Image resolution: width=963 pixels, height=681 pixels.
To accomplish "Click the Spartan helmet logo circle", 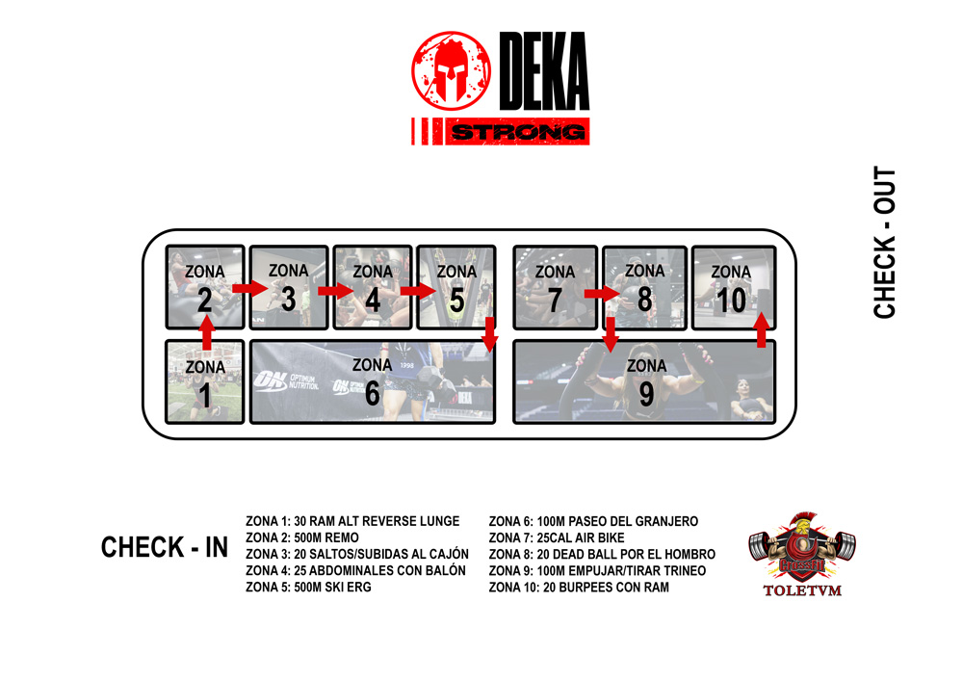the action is (451, 71).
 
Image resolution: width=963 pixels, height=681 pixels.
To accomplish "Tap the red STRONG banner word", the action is (517, 131).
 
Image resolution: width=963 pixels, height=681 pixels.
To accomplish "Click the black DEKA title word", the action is (544, 70).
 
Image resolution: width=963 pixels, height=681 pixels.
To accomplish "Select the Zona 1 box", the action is (204, 382).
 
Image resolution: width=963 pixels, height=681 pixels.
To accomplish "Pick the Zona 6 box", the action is (372, 382).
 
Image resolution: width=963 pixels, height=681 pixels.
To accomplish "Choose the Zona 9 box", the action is (644, 382).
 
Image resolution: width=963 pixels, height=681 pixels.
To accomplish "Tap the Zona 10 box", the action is (734, 287).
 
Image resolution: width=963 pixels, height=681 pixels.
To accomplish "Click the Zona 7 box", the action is (556, 287).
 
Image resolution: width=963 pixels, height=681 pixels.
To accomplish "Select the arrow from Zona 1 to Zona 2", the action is (206, 332).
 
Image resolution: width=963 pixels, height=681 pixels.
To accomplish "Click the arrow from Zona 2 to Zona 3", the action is (250, 287).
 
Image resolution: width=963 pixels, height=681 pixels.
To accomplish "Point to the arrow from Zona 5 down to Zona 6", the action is (489, 334).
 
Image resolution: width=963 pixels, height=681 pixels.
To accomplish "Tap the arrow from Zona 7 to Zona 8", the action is (602, 294).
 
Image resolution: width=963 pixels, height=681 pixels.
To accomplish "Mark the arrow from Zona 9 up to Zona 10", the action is (762, 330).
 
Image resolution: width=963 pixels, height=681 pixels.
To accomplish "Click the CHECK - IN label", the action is (165, 547).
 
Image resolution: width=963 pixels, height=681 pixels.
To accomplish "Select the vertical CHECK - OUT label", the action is (884, 242).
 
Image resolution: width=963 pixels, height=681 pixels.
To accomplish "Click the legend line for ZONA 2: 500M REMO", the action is (302, 537).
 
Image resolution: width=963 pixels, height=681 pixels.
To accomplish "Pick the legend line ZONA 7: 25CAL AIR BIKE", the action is (557, 537).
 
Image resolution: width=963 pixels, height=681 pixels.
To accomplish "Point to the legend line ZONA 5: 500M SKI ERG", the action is (308, 587).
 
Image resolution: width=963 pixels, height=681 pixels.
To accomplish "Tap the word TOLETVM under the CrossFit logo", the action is (802, 590).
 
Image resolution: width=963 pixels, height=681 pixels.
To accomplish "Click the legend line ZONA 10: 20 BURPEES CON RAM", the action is (579, 587).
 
